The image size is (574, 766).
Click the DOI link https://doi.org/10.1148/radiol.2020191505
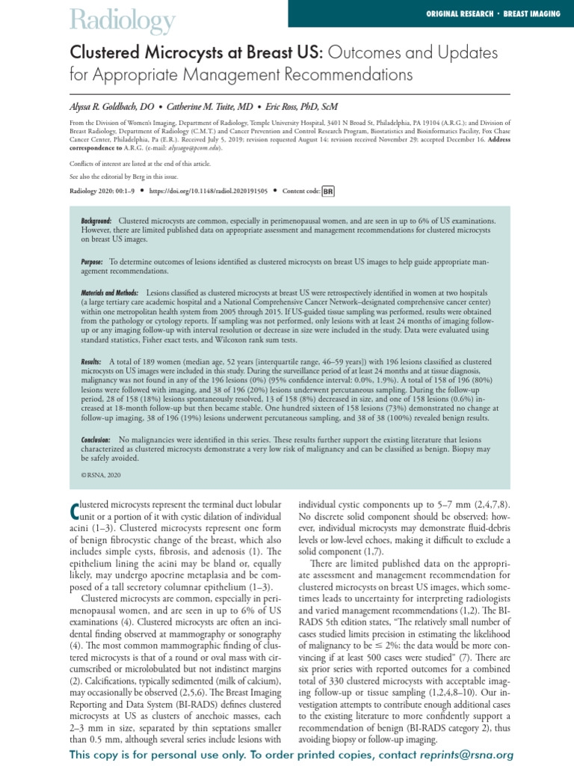[x=208, y=191]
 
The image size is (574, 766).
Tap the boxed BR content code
[x=327, y=191]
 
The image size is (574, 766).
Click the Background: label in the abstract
[x=96, y=222]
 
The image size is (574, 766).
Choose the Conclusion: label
[x=96, y=439]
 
